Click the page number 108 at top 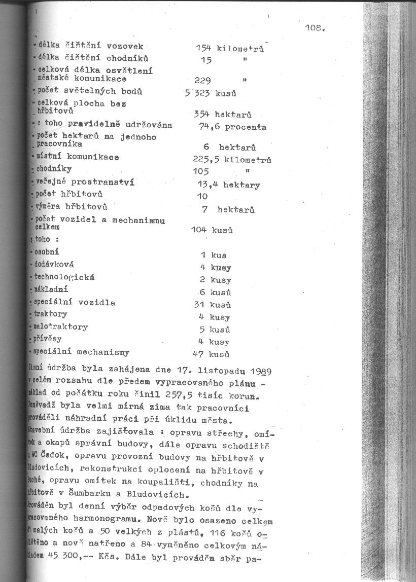(x=315, y=28)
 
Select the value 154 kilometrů (x=229, y=48)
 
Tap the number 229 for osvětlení (x=203, y=80)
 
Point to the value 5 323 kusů (x=211, y=93)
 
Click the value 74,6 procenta (x=232, y=127)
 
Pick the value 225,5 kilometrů (x=232, y=160)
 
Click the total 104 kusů (x=212, y=230)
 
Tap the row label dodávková (x=54, y=264)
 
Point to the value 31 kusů (x=213, y=305)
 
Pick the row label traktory (x=50, y=314)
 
